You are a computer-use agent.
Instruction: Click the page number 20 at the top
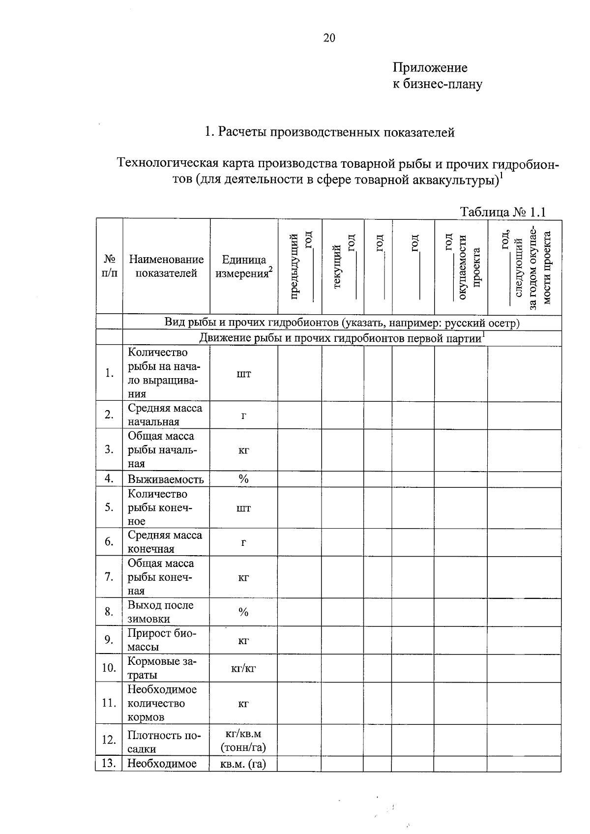(329, 38)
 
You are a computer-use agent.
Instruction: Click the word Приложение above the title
(430, 67)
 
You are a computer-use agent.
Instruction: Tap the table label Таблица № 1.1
(502, 212)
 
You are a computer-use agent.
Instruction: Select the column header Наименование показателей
(166, 266)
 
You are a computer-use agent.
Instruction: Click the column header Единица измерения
(244, 266)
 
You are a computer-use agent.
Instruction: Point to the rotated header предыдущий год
(300, 266)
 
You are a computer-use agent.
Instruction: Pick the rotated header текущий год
(344, 266)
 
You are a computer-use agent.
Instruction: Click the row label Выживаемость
(166, 479)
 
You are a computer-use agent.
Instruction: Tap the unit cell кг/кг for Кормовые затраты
(243, 668)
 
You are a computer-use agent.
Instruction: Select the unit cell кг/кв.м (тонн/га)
(243, 741)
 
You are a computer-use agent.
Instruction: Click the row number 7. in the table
(109, 577)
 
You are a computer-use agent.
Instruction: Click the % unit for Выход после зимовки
(243, 612)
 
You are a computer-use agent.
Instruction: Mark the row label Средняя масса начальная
(165, 415)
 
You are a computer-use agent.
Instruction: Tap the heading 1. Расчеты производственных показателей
(329, 132)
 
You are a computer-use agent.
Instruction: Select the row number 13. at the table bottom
(109, 763)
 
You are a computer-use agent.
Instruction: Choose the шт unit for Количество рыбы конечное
(243, 508)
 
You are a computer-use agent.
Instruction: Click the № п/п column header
(109, 266)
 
